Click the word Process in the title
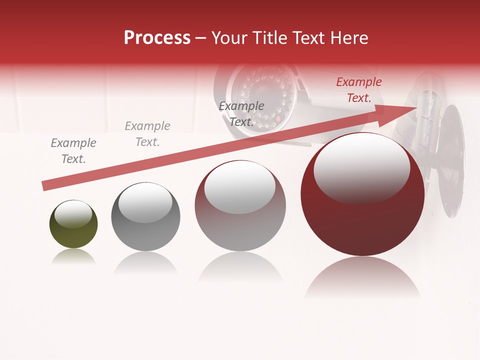[157, 38]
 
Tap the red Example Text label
[359, 90]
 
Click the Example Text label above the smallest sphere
[73, 151]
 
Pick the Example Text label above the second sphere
[147, 134]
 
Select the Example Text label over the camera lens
[241, 114]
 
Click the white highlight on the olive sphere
[73, 213]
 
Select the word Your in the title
[228, 38]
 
